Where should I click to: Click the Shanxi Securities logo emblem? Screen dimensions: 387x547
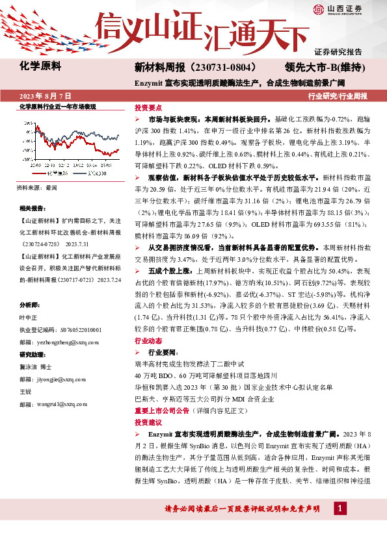coord(319,8)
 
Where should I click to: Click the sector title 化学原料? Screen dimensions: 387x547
coord(40,66)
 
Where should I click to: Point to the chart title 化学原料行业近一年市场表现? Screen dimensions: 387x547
coord(57,106)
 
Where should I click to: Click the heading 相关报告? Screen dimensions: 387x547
coord(33,209)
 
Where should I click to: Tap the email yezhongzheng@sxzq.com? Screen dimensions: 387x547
coord(59,340)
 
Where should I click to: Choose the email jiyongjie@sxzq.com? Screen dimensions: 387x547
coord(55,379)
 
